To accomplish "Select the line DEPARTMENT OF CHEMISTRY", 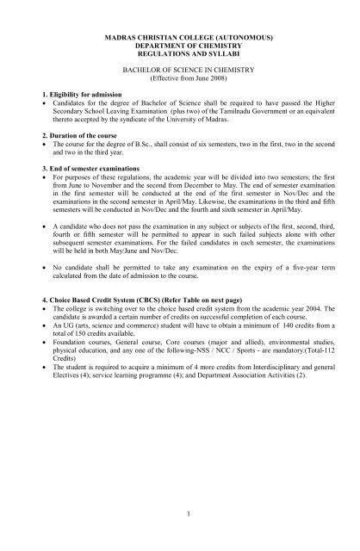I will point(180,49).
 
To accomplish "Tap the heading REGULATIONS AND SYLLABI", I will point(180,59).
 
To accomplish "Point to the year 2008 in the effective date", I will point(223,84).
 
